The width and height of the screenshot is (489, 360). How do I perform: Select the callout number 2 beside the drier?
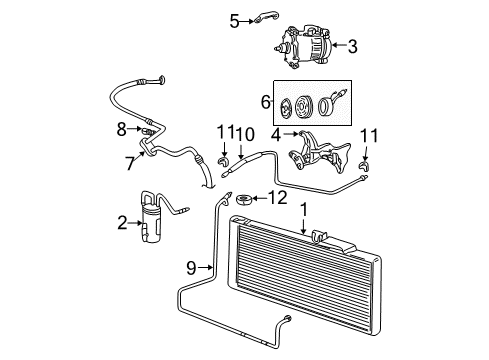122,222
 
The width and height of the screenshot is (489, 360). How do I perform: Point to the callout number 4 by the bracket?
275,133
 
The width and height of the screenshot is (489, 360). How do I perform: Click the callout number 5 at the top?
234,19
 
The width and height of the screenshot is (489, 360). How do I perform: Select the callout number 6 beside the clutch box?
265,102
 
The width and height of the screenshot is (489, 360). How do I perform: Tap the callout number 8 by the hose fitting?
121,129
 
